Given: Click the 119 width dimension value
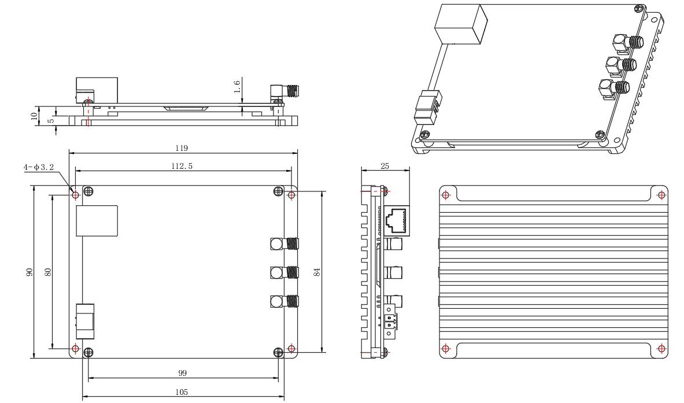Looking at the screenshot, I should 181,148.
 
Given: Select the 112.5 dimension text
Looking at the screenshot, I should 181,166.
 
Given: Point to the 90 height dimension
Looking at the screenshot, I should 28,272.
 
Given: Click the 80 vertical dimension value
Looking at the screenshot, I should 49,272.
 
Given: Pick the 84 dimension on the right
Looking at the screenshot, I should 317,272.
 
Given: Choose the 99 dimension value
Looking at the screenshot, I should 183,374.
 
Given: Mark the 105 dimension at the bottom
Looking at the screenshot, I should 183,391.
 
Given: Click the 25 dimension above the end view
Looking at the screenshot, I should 385,165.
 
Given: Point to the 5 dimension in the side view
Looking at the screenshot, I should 51,120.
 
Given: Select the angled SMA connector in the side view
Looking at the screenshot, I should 284,91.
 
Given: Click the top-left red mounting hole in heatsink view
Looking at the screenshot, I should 445,194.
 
